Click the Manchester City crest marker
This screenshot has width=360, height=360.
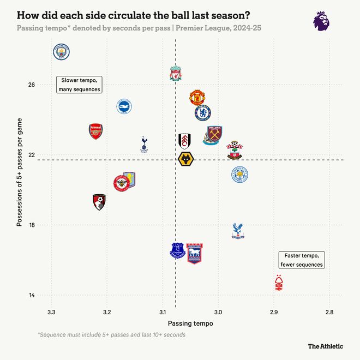coord(63,52)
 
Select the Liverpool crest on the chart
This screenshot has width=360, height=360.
coord(175,74)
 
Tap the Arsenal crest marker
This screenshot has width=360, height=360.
coord(95,131)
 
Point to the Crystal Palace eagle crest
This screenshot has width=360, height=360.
coord(238,231)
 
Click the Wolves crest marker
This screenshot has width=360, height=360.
coord(187,160)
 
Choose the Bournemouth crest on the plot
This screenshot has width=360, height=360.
coord(99,202)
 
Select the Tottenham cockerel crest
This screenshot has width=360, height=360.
coord(144,144)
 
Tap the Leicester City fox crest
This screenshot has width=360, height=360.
coord(239,175)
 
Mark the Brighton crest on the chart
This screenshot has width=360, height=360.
coord(125,106)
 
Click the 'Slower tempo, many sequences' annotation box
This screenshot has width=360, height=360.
coord(79,85)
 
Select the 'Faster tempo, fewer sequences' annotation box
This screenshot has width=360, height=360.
coord(302,260)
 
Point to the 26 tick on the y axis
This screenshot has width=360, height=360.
coord(32,85)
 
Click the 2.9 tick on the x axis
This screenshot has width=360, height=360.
coord(274,312)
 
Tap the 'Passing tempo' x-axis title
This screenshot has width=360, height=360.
coord(190,323)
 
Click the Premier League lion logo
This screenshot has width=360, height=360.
coord(321,21)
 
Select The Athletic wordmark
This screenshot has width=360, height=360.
coord(326,346)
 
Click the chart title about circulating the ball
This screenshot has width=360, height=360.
coord(130,14)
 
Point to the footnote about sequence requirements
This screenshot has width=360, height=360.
coord(111,334)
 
